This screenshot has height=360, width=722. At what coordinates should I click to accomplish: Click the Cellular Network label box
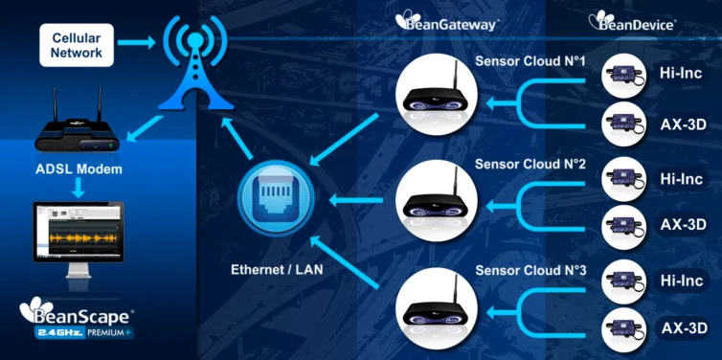pos(78,45)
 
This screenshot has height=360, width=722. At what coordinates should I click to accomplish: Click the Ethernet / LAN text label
pos(277,269)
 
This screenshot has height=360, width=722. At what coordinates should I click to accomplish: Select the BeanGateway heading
pos(447,22)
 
